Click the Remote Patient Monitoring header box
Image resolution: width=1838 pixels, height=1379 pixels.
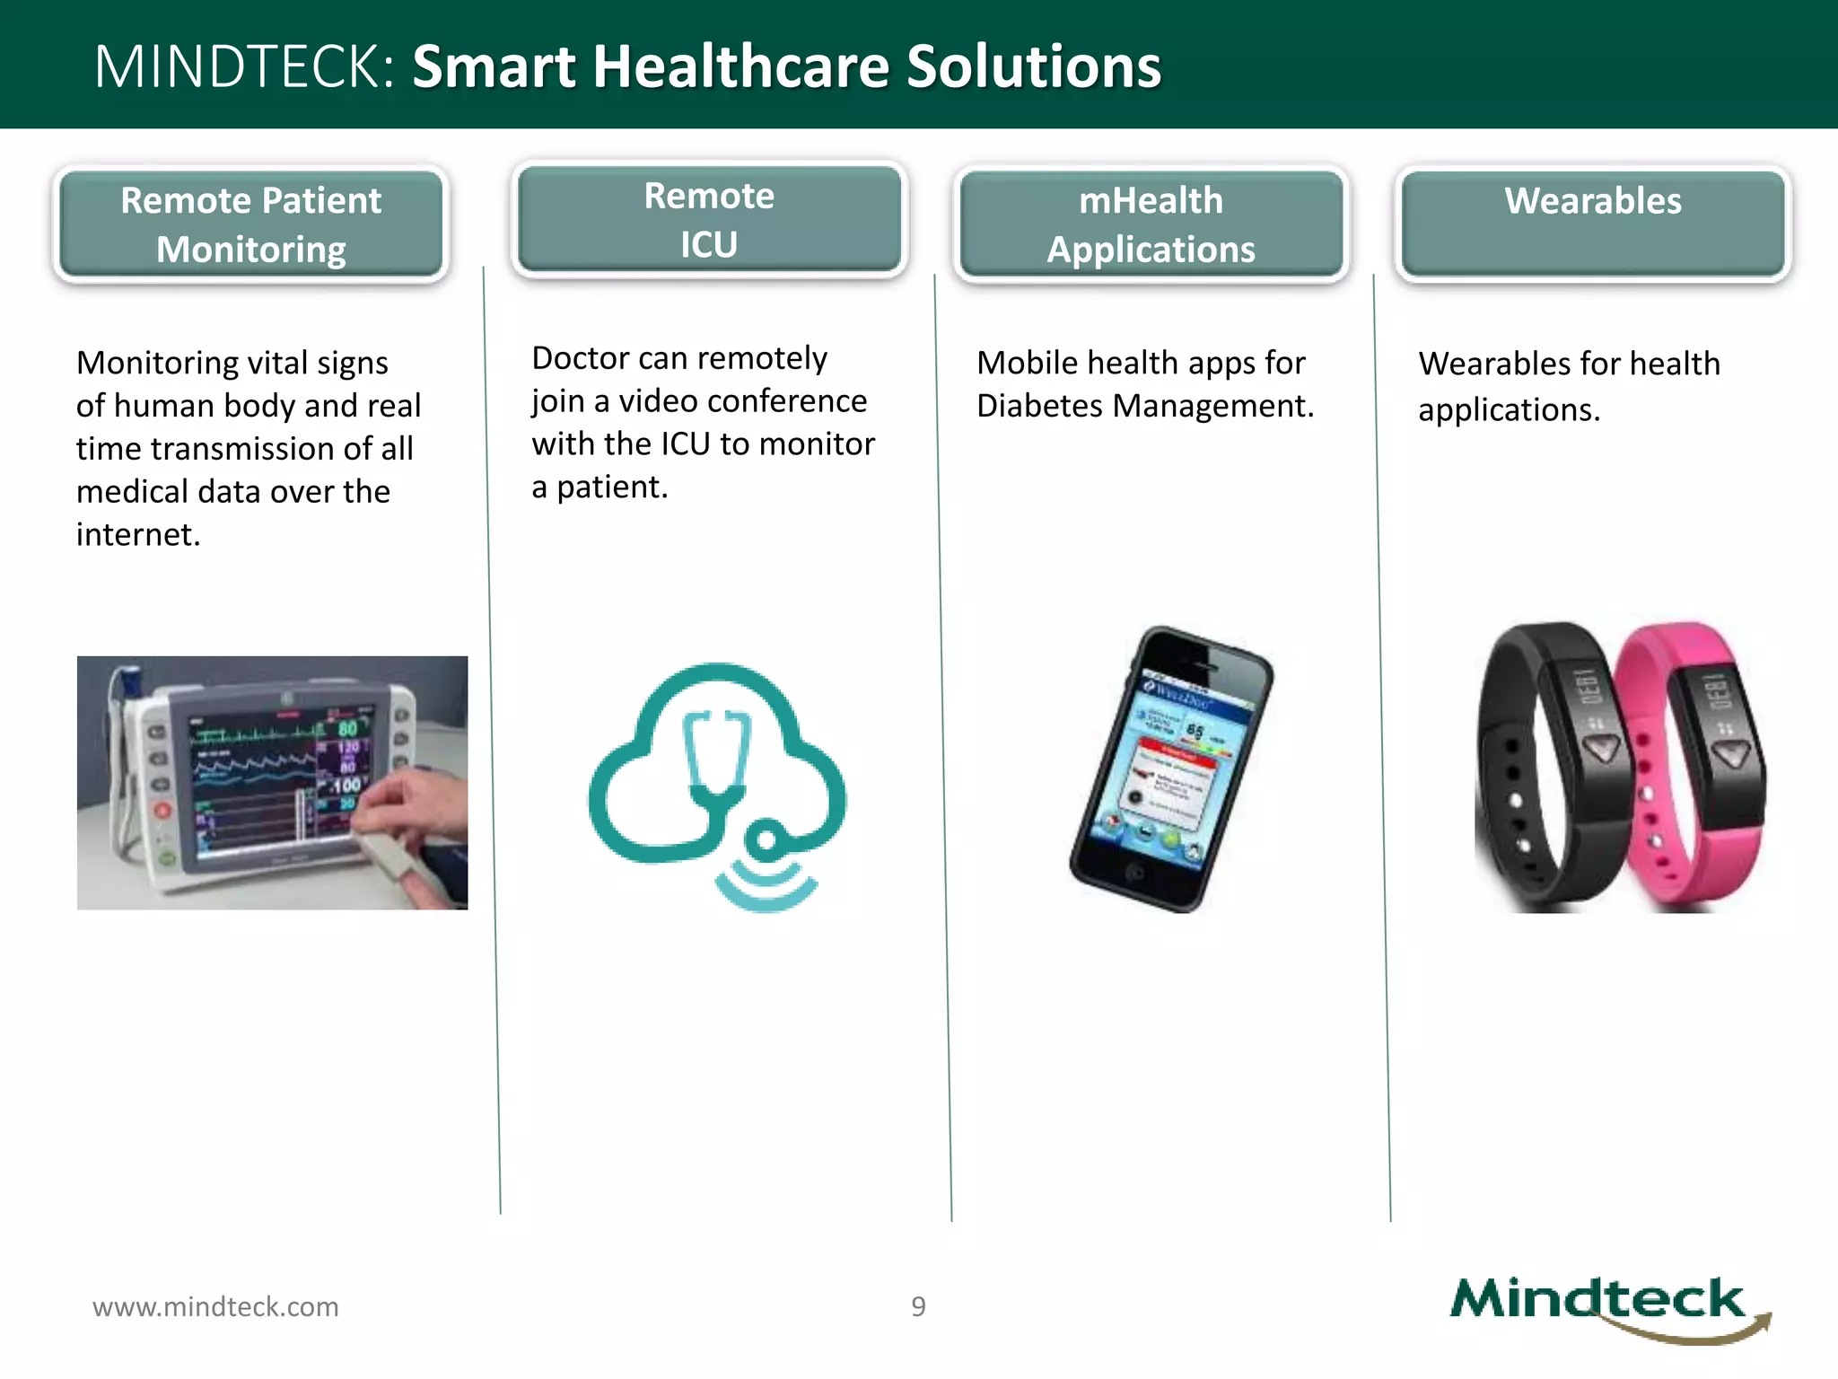(250, 224)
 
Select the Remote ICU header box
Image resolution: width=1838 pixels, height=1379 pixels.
(709, 220)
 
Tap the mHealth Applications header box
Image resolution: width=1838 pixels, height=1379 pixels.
(1151, 224)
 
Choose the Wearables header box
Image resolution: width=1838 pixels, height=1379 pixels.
(1592, 224)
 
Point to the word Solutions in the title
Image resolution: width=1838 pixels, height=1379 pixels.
(1033, 66)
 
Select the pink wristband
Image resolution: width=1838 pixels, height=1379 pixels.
(1687, 763)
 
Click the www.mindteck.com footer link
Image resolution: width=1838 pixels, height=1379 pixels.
(215, 1306)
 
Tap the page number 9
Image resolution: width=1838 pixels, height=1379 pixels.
(918, 1306)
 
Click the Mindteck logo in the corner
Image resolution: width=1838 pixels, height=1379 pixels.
(1606, 1306)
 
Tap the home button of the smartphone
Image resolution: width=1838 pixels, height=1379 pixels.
(1134, 871)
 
